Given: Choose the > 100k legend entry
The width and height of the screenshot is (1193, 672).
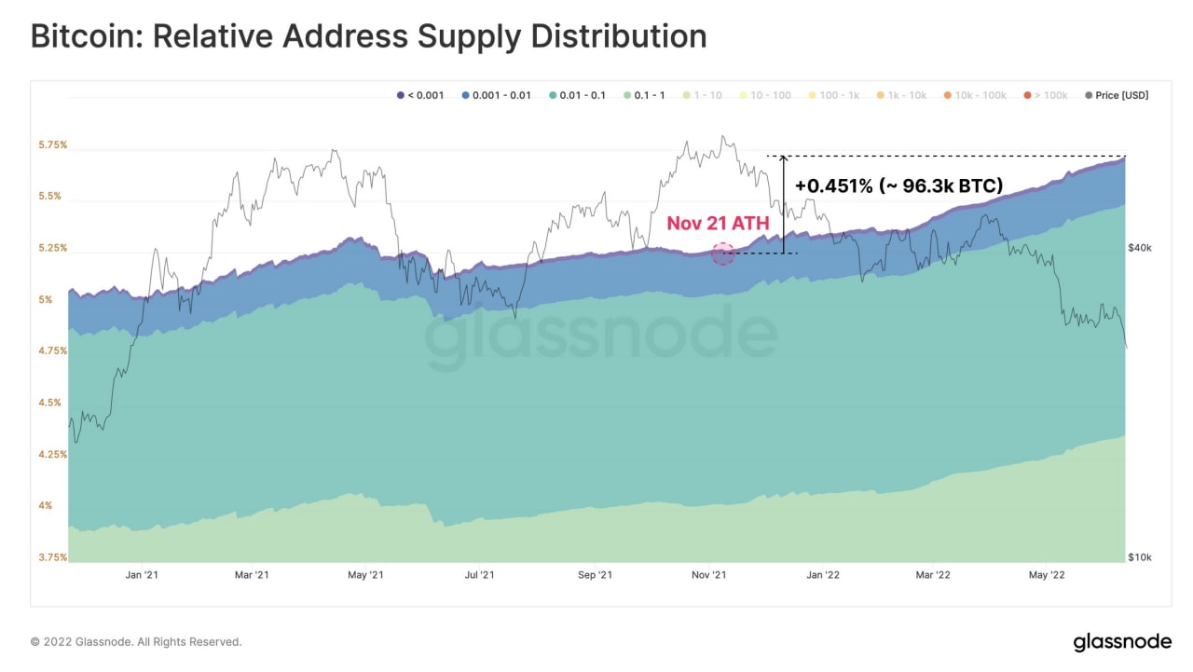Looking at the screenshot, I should [x=1048, y=95].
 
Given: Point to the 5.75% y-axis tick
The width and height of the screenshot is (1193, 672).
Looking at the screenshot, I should [x=52, y=145].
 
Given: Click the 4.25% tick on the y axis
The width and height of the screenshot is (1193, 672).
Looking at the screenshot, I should [x=52, y=455].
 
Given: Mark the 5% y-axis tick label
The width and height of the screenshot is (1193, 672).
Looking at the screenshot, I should [x=46, y=300].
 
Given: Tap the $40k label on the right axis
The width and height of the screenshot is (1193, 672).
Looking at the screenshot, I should [x=1140, y=248].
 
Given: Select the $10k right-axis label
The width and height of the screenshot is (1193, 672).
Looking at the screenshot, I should [x=1140, y=557].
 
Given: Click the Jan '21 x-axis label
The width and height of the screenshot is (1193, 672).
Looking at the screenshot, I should [x=141, y=576].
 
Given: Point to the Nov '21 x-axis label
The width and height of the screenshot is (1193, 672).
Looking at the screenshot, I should [x=708, y=576].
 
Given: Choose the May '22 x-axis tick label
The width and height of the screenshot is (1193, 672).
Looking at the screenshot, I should [x=1046, y=576].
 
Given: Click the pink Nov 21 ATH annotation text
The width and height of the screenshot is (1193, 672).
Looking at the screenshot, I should [x=717, y=224].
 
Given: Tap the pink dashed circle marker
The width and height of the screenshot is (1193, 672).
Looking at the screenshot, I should [x=723, y=254].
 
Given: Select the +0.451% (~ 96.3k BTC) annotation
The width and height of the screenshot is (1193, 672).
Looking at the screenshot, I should [x=898, y=185].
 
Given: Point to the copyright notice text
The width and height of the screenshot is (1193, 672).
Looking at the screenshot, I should [x=136, y=642].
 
